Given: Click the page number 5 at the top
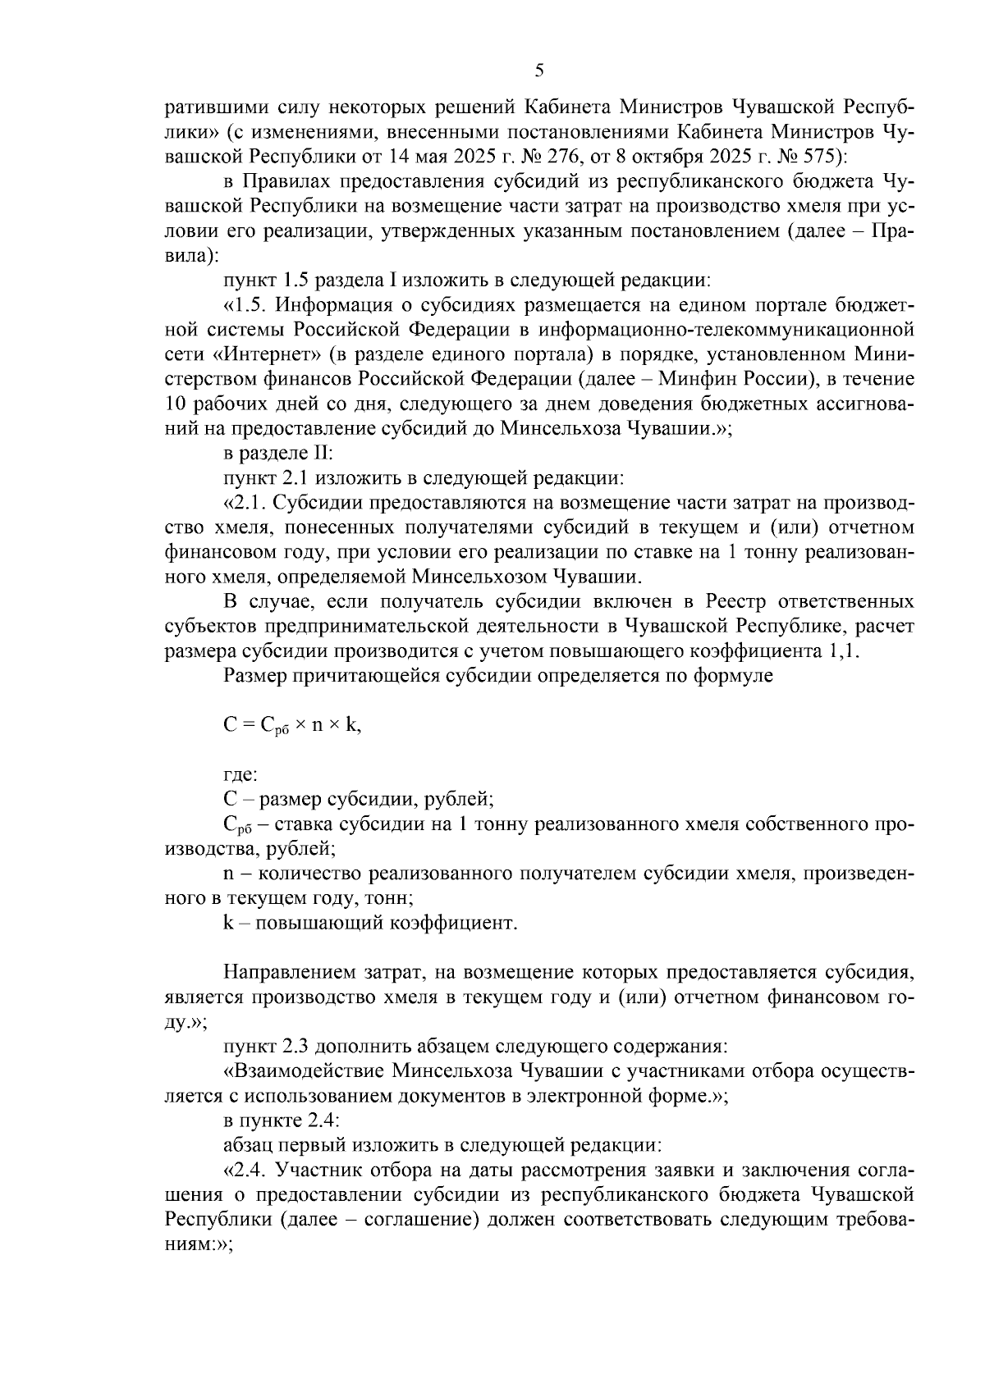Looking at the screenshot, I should click(x=539, y=71).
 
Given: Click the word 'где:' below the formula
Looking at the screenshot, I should click(x=241, y=774).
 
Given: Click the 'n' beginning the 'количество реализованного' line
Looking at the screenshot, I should click(x=228, y=874).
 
